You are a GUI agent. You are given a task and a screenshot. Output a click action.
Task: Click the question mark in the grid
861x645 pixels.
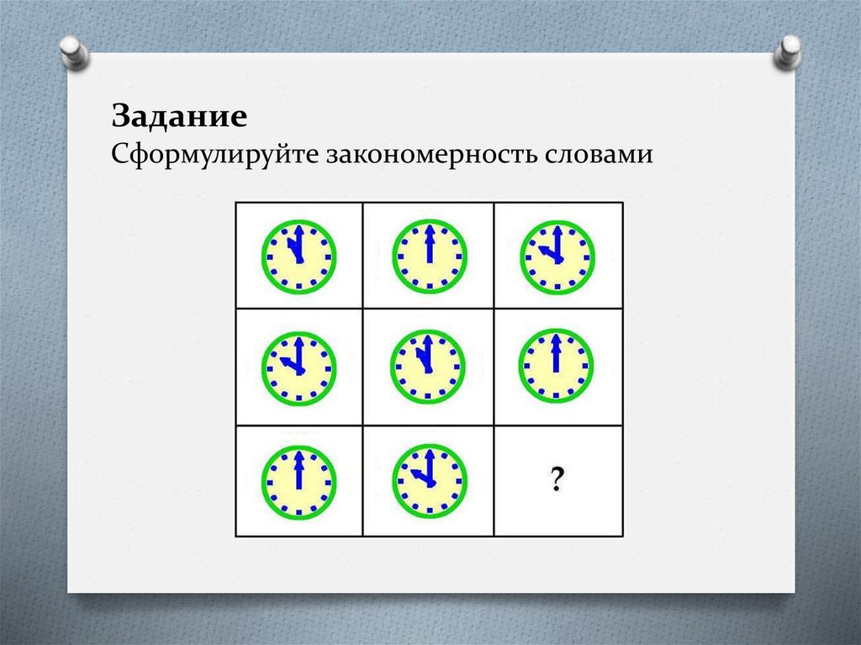[557, 481]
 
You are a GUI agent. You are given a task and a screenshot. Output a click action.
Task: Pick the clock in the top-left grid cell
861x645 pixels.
[299, 256]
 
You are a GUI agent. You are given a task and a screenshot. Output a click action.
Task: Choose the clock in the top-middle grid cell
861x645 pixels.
[429, 256]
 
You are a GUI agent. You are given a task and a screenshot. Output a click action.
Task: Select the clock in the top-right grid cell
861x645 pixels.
[557, 256]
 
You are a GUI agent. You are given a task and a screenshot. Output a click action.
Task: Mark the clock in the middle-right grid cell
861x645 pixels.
[555, 365]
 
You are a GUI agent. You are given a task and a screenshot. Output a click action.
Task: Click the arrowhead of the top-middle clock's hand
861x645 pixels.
[430, 230]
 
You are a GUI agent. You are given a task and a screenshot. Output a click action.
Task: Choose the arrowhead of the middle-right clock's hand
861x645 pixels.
[555, 340]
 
